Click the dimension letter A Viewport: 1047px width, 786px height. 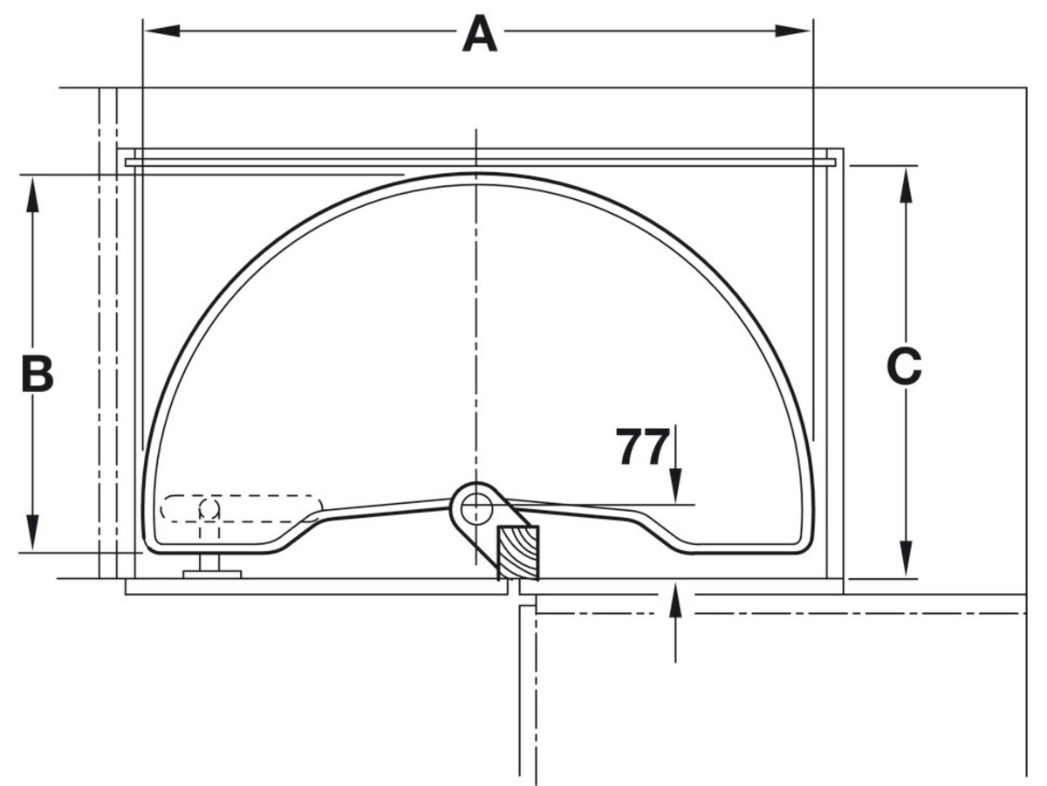click(x=480, y=34)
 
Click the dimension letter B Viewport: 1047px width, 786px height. click(x=38, y=374)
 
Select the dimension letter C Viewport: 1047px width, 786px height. click(x=905, y=367)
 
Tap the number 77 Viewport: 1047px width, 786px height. click(x=642, y=446)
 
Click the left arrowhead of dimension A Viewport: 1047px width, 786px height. click(x=162, y=31)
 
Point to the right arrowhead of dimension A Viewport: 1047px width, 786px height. click(x=792, y=31)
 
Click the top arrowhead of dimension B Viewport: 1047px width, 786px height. click(x=32, y=194)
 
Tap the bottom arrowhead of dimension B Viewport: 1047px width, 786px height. click(x=32, y=532)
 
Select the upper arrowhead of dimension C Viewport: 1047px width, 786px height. click(x=906, y=184)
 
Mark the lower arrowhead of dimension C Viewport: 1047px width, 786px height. click(x=906, y=559)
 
